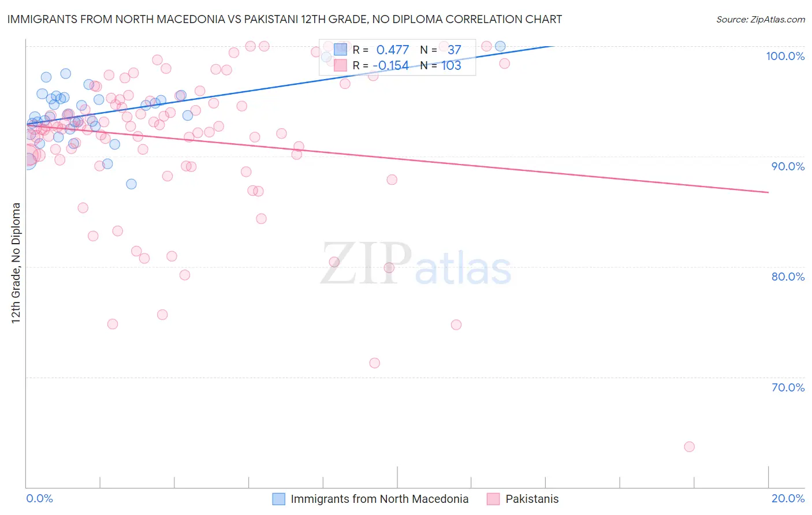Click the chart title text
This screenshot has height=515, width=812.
pyautogui.click(x=284, y=19)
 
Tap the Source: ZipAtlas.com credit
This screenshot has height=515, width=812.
pyautogui.click(x=760, y=19)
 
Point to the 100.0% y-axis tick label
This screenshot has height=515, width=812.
pyautogui.click(x=785, y=56)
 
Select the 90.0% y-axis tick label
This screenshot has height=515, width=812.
pyautogui.click(x=788, y=166)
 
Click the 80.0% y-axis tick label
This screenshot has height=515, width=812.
pyautogui.click(x=788, y=277)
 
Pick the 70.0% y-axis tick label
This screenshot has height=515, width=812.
pyautogui.click(x=788, y=387)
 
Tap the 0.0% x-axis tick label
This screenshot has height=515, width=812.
pyautogui.click(x=39, y=498)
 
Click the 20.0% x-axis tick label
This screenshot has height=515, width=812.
pyautogui.click(x=788, y=498)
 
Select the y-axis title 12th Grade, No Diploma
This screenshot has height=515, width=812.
pyautogui.click(x=16, y=263)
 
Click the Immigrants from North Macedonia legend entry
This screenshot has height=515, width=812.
pyautogui.click(x=379, y=499)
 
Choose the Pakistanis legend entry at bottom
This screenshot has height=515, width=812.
pyautogui.click(x=531, y=499)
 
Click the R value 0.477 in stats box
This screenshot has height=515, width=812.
pyautogui.click(x=392, y=50)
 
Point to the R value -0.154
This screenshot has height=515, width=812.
pyautogui.click(x=390, y=66)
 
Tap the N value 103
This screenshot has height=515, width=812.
pyautogui.click(x=451, y=66)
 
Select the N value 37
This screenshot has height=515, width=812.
pyautogui.click(x=454, y=50)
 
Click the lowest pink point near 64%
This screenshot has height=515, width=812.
pyautogui.click(x=689, y=447)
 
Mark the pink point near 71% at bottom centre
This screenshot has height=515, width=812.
pyautogui.click(x=375, y=363)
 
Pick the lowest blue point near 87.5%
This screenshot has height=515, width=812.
pyautogui.click(x=131, y=184)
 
